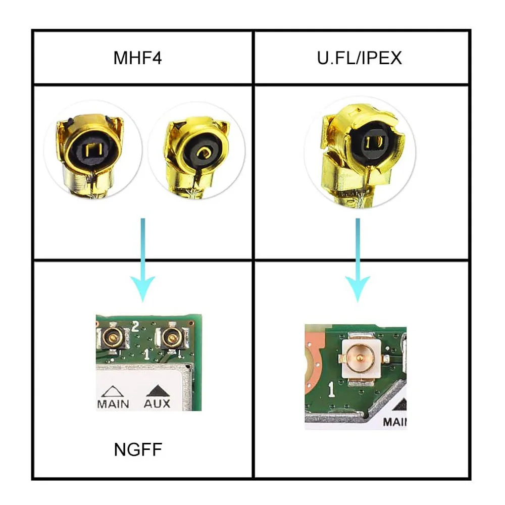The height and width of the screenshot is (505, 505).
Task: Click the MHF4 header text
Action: coord(137,58)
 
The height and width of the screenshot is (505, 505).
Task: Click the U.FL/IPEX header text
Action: coord(359,58)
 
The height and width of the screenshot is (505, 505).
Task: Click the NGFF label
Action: coord(137,448)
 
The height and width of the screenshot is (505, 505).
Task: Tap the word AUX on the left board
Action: coord(157,403)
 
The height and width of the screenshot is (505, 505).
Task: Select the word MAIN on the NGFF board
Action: coord(113,403)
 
